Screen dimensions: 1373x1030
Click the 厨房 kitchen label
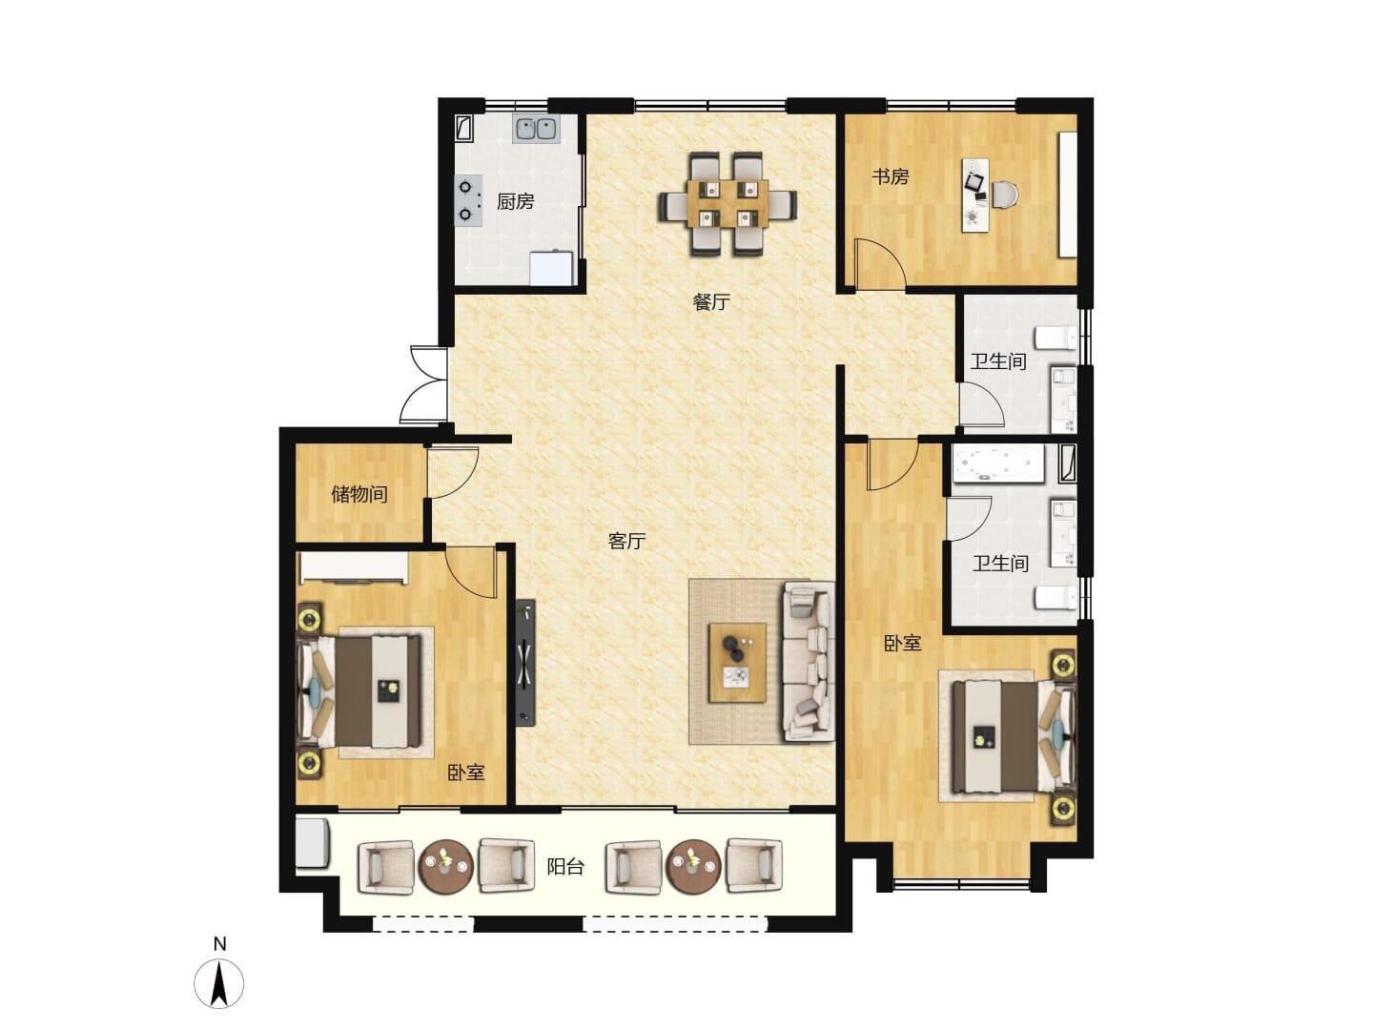pyautogui.click(x=515, y=201)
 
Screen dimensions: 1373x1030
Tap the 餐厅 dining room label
pyautogui.click(x=710, y=302)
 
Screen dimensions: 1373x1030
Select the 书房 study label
pyautogui.click(x=890, y=176)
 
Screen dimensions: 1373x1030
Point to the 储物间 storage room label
pyautogui.click(x=359, y=494)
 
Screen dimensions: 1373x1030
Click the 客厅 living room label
pyautogui.click(x=626, y=541)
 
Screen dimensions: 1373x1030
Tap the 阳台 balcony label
pyautogui.click(x=564, y=867)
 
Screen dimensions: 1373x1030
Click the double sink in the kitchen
pyautogui.click(x=536, y=129)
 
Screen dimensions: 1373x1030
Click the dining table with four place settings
pyautogui.click(x=727, y=204)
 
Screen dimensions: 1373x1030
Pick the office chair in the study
pyautogui.click(x=1003, y=195)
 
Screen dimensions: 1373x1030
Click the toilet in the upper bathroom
pyautogui.click(x=1055, y=338)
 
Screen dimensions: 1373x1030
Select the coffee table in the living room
pyautogui.click(x=737, y=662)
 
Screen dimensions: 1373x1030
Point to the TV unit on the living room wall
pyautogui.click(x=525, y=663)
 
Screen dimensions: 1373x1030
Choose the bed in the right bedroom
pyautogui.click(x=1014, y=736)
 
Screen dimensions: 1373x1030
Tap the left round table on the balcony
pyautogui.click(x=445, y=867)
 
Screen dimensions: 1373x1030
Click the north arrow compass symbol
pyautogui.click(x=219, y=982)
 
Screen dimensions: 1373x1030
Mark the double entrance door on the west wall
pyautogui.click(x=423, y=384)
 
